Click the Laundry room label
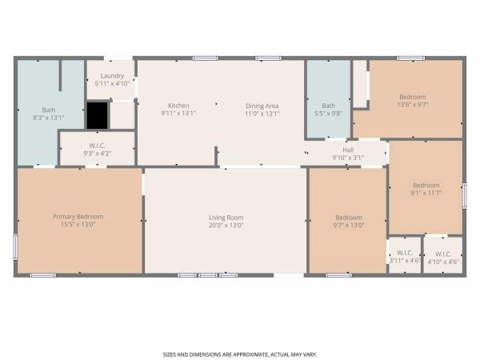[x=112, y=76]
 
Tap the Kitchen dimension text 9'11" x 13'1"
[x=178, y=114]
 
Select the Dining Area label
[x=262, y=106]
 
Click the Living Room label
[x=226, y=218]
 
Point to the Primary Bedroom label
[x=78, y=217]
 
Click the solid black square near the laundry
[x=97, y=115]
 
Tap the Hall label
[x=348, y=150]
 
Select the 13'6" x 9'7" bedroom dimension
[x=413, y=105]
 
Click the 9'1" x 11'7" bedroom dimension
[x=426, y=193]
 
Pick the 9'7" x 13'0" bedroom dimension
[x=349, y=226]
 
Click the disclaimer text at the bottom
[x=240, y=354]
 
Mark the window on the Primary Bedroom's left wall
[x=16, y=247]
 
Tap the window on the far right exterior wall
[x=464, y=196]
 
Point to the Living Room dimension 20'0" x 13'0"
[x=226, y=226]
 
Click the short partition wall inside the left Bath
[x=60, y=75]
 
